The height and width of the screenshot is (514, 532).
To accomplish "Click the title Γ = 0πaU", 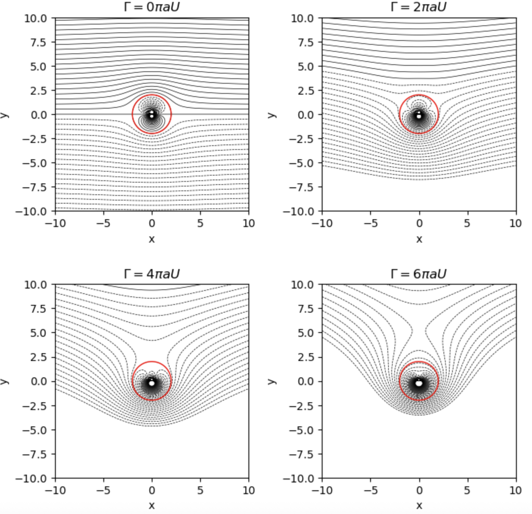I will (152, 7).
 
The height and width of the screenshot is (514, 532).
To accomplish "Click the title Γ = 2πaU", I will (419, 7).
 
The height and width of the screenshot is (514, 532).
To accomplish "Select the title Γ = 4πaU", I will (152, 274).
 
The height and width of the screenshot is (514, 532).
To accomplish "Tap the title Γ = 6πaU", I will (419, 274).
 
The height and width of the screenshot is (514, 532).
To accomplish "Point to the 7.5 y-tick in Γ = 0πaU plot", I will (38, 42).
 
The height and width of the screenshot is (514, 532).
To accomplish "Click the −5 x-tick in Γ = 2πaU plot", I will (371, 223).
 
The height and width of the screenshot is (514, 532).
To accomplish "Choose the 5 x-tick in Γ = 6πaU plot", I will (467, 490).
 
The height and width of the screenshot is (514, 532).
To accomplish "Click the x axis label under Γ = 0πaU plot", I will (152, 239).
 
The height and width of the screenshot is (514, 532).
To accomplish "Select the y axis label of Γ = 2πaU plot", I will (272, 115).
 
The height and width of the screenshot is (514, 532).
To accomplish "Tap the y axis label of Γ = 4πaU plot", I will (5, 381).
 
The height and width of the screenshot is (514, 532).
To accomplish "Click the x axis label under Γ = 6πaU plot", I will (419, 505).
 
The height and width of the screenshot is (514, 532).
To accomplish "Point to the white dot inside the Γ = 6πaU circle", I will (419, 383).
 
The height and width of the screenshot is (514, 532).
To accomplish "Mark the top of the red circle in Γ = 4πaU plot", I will (152, 362).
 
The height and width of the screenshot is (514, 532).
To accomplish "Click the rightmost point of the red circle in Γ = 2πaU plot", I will (438, 114).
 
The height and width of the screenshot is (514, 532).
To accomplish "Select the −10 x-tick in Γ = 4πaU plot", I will (55, 490).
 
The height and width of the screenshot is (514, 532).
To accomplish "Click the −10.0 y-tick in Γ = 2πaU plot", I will (301, 211).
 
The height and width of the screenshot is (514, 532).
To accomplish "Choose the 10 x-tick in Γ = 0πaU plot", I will (248, 223).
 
